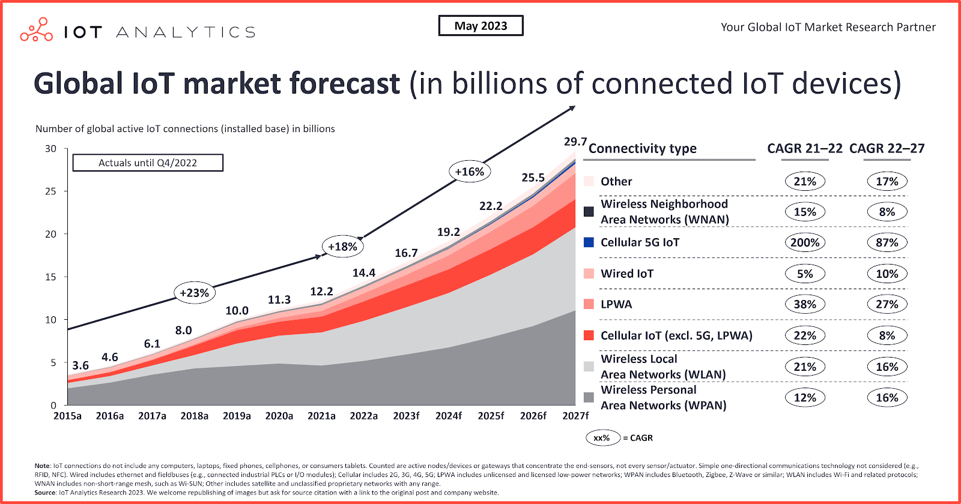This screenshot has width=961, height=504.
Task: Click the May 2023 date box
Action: (480, 26)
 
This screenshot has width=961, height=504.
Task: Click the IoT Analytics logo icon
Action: (37, 30)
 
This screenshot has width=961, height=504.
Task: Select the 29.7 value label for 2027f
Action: (575, 142)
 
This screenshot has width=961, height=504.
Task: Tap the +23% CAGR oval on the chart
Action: (194, 293)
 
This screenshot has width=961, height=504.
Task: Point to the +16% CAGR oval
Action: (469, 172)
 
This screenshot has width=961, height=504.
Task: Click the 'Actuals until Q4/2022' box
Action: (148, 163)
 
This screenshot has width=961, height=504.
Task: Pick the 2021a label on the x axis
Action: (321, 416)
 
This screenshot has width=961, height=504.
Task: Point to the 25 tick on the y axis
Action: (51, 191)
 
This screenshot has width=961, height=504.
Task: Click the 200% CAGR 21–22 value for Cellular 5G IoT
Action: (805, 242)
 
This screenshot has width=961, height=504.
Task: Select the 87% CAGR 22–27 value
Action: (887, 242)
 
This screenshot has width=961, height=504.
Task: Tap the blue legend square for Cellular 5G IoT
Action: (589, 242)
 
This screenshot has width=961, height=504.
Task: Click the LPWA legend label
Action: (616, 304)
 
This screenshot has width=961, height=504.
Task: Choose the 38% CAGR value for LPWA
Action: (805, 304)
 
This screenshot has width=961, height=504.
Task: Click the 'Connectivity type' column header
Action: (642, 148)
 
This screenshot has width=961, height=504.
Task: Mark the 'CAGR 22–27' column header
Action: (887, 148)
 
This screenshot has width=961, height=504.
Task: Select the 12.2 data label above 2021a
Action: (321, 292)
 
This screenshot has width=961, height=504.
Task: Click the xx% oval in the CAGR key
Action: (602, 438)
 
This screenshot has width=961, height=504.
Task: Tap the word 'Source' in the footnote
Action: (45, 493)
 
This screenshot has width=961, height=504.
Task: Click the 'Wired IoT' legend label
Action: (627, 274)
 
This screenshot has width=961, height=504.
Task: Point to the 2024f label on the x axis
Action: (448, 416)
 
